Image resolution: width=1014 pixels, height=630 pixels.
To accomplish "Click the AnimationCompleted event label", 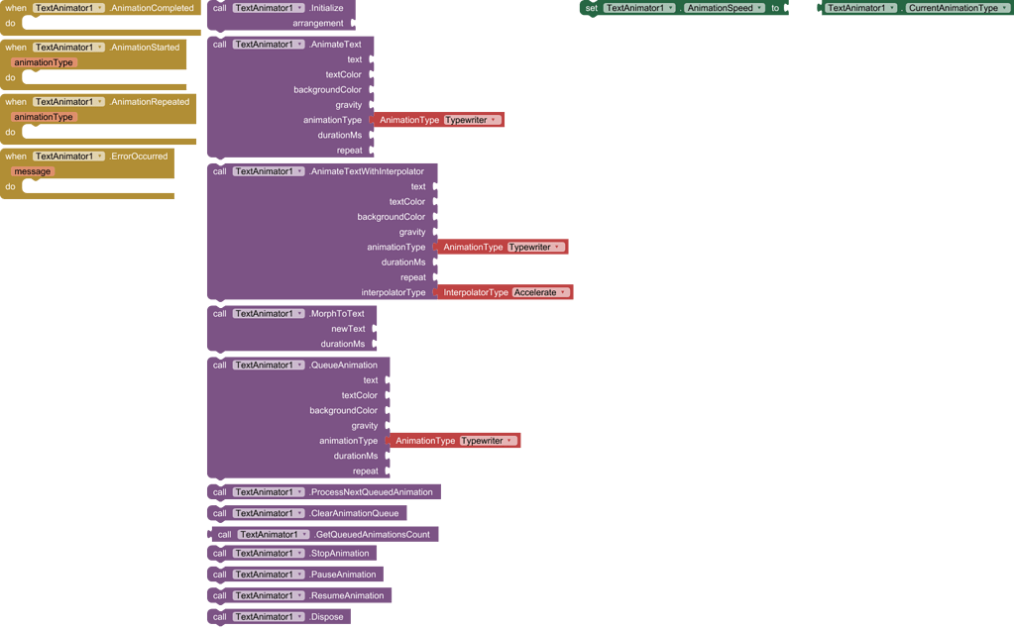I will [x=153, y=8].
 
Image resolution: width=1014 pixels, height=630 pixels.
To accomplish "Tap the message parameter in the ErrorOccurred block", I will [x=33, y=171].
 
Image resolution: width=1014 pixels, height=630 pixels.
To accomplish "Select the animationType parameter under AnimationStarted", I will [x=44, y=62].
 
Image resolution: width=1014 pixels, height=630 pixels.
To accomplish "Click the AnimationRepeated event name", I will [x=150, y=102].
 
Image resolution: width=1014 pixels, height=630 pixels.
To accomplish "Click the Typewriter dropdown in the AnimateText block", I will [x=472, y=120].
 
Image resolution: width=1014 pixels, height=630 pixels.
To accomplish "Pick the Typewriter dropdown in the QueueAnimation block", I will [x=488, y=441].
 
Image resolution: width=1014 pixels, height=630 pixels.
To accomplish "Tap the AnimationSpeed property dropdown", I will [x=725, y=8].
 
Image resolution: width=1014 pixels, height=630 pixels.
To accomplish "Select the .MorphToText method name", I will [x=337, y=314].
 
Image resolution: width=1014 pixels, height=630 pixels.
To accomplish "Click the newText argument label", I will [x=348, y=329].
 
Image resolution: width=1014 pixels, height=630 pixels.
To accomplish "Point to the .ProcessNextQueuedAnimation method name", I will [x=371, y=492].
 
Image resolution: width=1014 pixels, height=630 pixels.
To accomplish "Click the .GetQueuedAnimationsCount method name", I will [x=372, y=535].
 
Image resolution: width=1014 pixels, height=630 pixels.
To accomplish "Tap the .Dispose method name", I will [x=326, y=617].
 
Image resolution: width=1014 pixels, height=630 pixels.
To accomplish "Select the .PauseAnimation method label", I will [x=342, y=575].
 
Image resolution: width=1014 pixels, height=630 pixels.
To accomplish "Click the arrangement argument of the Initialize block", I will [x=318, y=23].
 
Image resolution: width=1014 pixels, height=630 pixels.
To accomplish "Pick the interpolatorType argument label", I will [x=393, y=292].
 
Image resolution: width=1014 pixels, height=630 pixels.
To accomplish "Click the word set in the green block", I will [x=592, y=8].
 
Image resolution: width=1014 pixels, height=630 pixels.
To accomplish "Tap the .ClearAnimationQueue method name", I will [x=354, y=513].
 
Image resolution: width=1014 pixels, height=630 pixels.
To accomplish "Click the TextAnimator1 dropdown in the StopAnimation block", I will [x=269, y=554].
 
